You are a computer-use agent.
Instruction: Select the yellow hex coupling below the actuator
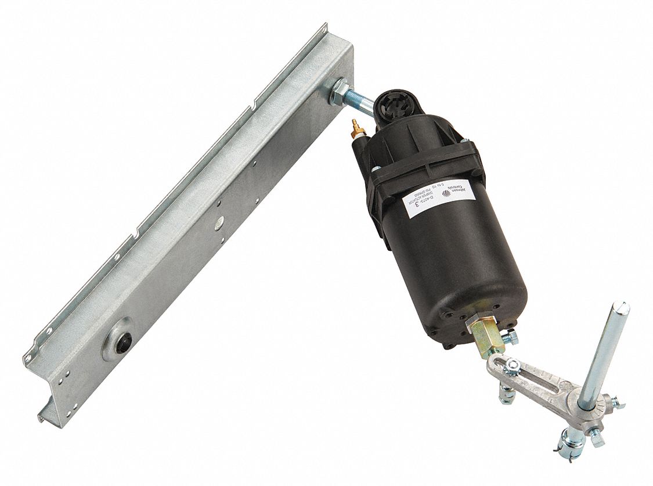pyautogui.click(x=487, y=336)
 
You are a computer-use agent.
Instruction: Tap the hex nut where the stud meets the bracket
pyautogui.click(x=338, y=92)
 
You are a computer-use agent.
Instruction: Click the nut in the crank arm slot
pyautogui.click(x=512, y=366)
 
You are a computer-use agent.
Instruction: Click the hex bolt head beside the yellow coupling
pyautogui.click(x=510, y=336)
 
